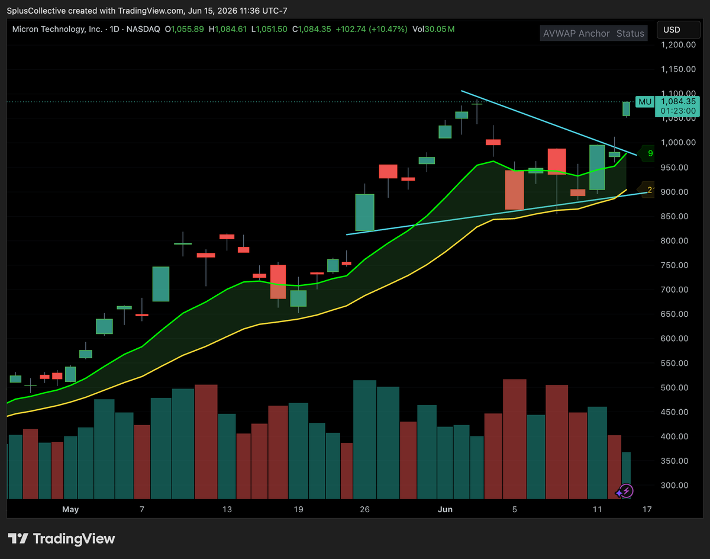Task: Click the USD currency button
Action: click(x=678, y=30)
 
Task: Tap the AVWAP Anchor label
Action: click(x=576, y=33)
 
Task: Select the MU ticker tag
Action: click(x=645, y=102)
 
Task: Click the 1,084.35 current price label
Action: click(x=678, y=101)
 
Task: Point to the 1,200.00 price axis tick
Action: click(x=678, y=44)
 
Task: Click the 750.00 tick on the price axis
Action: click(x=674, y=265)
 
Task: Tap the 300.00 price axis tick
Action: click(x=674, y=485)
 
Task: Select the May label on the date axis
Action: click(x=70, y=509)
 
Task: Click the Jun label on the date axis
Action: click(x=445, y=509)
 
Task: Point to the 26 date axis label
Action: click(x=364, y=509)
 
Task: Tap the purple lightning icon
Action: click(x=625, y=491)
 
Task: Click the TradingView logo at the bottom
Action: click(x=62, y=538)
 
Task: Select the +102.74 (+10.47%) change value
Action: click(x=372, y=29)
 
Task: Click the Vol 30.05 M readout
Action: click(x=434, y=29)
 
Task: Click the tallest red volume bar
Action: click(x=514, y=439)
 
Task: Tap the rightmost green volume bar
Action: click(x=626, y=476)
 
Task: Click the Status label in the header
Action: click(x=630, y=33)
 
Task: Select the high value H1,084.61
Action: click(x=228, y=29)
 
